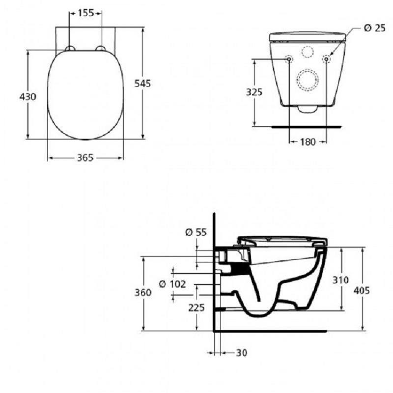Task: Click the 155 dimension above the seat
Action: pos(86,13)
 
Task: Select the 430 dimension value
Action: pos(28,97)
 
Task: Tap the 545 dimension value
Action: pos(142,83)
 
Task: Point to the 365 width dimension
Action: pos(85,158)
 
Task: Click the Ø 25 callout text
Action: pos(374,28)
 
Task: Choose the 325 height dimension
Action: pos(254,92)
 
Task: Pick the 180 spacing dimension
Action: pos(308,142)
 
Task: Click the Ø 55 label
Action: pos(195,233)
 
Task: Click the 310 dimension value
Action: pos(340,280)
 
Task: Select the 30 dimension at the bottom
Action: pos(241,352)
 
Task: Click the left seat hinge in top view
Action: pos(71,48)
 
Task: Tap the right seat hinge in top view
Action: pos(102,48)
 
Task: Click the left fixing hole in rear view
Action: pos(288,59)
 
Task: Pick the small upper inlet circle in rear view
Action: pos(308,52)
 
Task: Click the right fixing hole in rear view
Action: pos(327,59)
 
